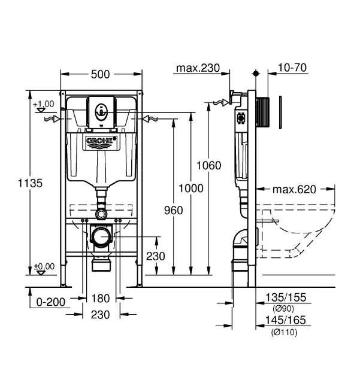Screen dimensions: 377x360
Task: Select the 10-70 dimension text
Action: [292, 68]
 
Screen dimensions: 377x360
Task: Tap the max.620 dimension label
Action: [294, 190]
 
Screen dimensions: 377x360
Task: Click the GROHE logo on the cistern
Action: [101, 142]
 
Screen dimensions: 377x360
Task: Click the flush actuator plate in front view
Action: [101, 111]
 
